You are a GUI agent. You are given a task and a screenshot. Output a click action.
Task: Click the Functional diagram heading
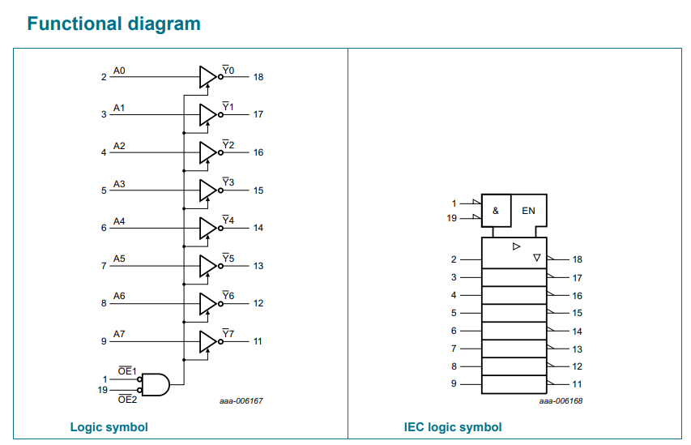(113, 24)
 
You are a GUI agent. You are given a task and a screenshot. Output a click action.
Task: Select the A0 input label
(119, 71)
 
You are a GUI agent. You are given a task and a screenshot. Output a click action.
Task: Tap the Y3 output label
(228, 182)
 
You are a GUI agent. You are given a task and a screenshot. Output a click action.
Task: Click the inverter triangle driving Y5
(208, 266)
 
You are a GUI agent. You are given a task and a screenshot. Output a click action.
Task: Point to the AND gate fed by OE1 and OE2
(156, 384)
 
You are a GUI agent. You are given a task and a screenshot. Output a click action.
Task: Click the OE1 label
(127, 371)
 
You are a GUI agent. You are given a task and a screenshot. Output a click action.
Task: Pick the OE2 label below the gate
(127, 400)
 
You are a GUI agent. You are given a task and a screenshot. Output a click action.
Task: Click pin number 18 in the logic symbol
(258, 77)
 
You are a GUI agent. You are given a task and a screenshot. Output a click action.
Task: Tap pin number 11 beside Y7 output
(258, 341)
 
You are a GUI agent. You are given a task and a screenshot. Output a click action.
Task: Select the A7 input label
(119, 334)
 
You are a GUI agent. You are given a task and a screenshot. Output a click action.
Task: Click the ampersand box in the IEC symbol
(497, 211)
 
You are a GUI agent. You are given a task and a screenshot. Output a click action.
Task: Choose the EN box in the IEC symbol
(529, 211)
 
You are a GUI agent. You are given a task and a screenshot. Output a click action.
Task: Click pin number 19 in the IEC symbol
(452, 218)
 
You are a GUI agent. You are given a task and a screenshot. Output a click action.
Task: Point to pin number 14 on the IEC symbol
(578, 332)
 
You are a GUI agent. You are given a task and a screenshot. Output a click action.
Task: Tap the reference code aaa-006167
(241, 401)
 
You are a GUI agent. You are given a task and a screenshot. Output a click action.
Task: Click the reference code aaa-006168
(561, 401)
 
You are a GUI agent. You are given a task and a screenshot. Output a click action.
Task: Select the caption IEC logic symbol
(453, 427)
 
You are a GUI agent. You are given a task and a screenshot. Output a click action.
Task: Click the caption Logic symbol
(109, 427)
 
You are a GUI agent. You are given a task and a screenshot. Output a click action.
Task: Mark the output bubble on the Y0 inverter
(220, 77)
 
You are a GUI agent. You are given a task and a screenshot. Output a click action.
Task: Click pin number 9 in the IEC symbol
(454, 383)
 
